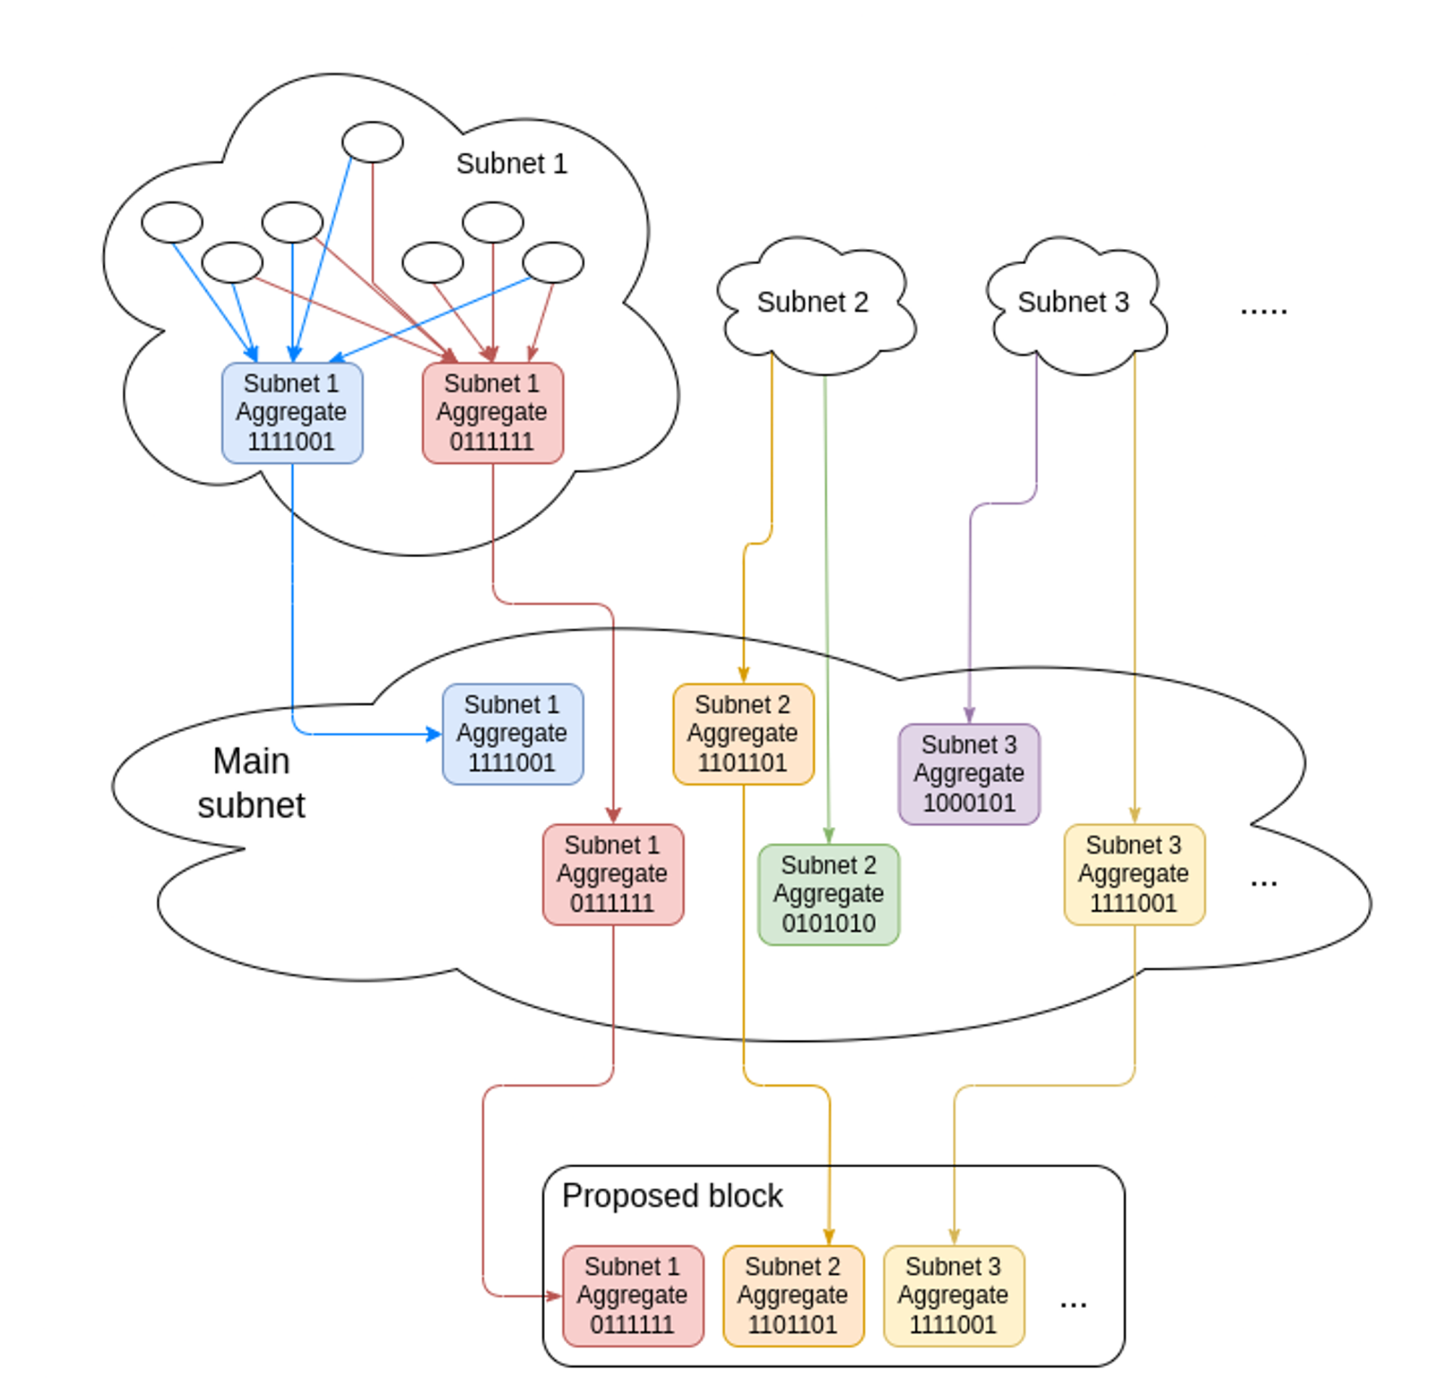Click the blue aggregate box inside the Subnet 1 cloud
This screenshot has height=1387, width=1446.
tap(292, 412)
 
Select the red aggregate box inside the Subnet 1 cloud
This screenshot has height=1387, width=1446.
tap(493, 412)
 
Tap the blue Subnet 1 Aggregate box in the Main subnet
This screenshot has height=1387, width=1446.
tap(513, 734)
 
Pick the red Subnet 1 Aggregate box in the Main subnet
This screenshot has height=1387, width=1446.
tap(613, 874)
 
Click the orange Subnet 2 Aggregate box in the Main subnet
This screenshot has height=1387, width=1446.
tap(743, 734)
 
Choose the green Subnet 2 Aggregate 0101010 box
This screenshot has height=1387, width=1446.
tap(829, 894)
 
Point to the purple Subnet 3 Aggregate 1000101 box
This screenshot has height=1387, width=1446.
tap(969, 773)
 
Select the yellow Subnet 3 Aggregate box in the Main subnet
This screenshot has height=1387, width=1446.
tap(1134, 874)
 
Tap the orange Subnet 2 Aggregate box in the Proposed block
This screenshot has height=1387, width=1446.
tap(793, 1295)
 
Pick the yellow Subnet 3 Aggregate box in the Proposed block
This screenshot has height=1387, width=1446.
tap(954, 1295)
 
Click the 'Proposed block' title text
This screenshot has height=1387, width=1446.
tap(672, 1196)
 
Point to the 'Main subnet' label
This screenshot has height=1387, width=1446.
tap(252, 782)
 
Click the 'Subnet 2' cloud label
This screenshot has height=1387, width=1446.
tap(812, 302)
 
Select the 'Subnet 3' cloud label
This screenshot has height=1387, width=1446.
tap(1074, 302)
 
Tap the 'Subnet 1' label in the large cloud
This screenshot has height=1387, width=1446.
tap(512, 164)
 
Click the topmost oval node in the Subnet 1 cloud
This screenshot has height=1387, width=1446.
tap(372, 142)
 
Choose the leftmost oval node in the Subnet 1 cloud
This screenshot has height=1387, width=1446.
tap(172, 222)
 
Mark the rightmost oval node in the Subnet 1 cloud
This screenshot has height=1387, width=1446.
tap(552, 262)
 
